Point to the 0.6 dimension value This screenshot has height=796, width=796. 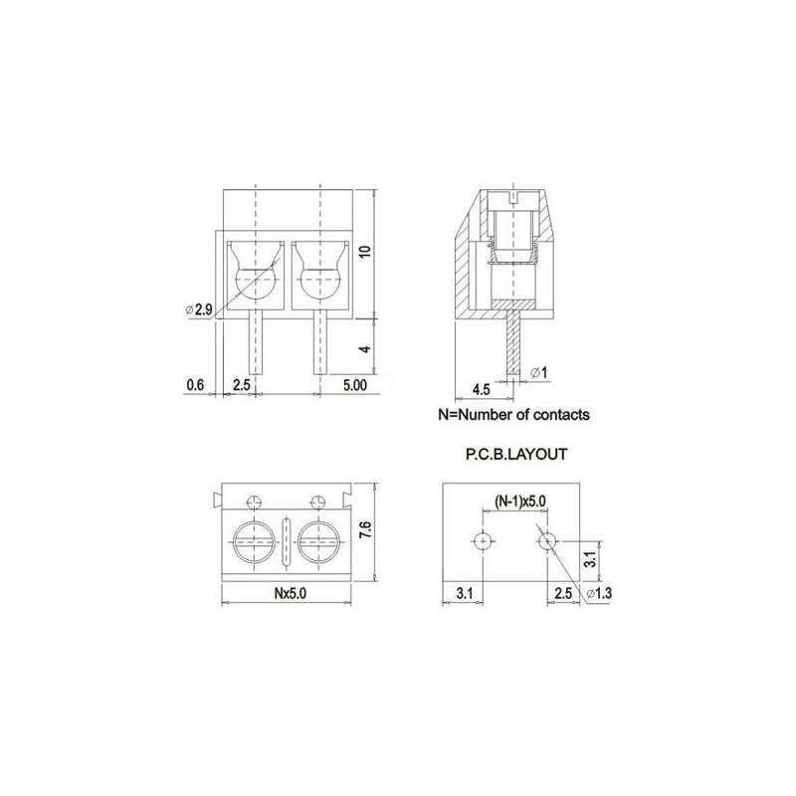(195, 383)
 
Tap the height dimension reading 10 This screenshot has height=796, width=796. (365, 252)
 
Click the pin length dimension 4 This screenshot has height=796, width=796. (365, 349)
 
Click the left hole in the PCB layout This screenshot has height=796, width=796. (484, 541)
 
